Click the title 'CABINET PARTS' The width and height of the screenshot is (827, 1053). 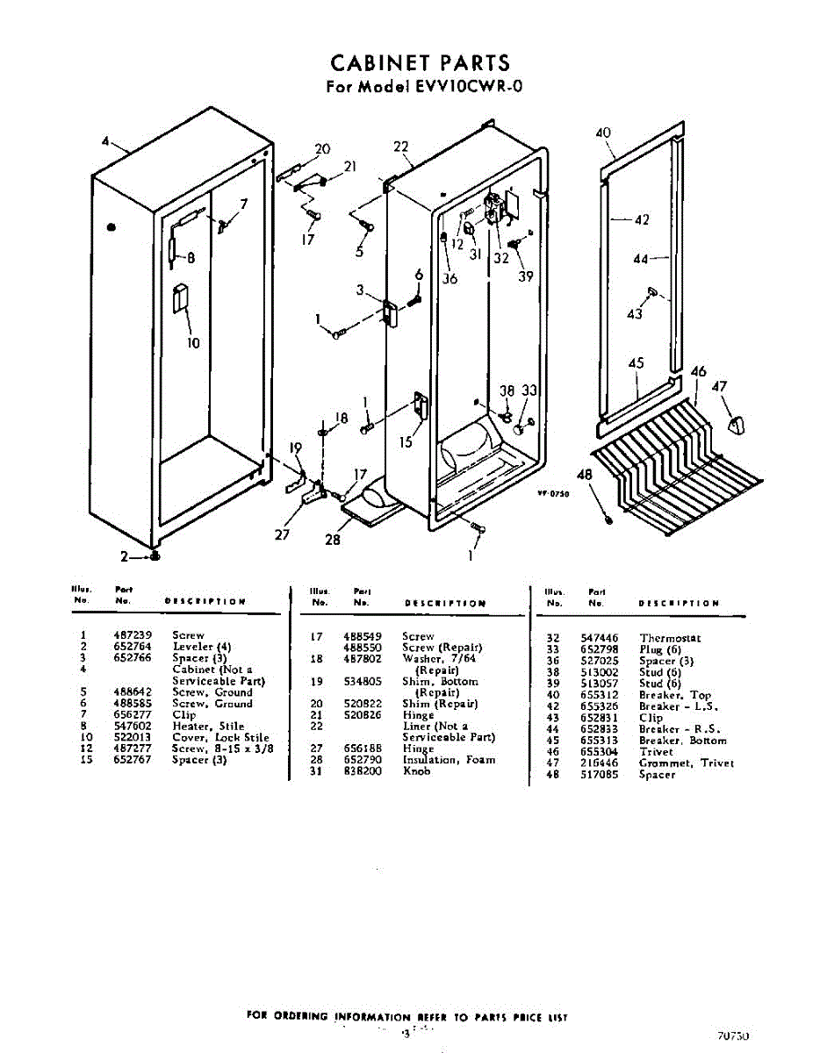pos(420,63)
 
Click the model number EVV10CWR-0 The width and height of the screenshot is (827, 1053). pos(455,87)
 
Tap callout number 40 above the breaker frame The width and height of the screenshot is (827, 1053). pos(603,133)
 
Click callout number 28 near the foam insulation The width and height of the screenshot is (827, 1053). pos(333,540)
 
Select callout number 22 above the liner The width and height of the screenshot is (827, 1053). pos(401,147)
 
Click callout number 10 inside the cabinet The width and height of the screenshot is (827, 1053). pos(193,342)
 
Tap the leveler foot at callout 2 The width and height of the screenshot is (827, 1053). pos(155,556)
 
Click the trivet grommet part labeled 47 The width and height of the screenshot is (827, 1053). pos(735,426)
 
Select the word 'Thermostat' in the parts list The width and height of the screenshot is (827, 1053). pos(670,638)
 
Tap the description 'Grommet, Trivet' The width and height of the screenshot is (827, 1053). pos(687,763)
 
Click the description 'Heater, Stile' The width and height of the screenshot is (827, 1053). pos(208,727)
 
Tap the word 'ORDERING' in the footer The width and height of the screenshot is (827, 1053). pos(300,1017)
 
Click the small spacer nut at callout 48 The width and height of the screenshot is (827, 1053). pos(608,519)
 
